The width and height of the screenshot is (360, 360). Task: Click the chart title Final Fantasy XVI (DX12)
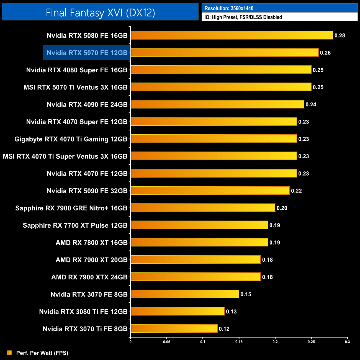click(100, 12)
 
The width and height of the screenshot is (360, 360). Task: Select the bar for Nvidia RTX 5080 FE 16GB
click(232, 35)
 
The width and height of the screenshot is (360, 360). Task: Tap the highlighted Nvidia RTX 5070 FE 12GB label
click(87, 53)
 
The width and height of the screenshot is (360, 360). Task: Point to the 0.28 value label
click(340, 35)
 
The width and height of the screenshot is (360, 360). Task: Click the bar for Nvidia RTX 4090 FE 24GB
click(217, 104)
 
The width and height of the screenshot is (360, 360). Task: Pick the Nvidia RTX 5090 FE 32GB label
click(87, 191)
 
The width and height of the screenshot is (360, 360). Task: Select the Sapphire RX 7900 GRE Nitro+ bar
click(203, 208)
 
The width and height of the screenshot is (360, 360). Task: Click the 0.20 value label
click(282, 208)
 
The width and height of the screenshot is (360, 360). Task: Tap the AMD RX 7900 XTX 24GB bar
click(196, 277)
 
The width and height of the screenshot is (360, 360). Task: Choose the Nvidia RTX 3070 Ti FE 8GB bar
click(174, 328)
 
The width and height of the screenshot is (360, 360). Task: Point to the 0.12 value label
click(224, 329)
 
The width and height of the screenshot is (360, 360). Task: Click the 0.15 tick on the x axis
click(239, 342)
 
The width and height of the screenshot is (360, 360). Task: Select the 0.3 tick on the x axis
click(347, 342)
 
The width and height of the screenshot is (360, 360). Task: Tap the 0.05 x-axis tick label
click(167, 342)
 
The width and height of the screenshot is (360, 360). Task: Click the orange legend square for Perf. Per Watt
click(10, 353)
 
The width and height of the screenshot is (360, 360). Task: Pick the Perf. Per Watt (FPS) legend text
click(42, 353)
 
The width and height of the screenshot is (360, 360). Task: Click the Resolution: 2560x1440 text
click(229, 8)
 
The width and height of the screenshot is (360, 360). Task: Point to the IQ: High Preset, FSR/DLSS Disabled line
click(243, 17)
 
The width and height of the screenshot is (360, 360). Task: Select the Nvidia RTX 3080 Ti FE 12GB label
click(83, 312)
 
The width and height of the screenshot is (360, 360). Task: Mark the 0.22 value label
click(296, 191)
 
